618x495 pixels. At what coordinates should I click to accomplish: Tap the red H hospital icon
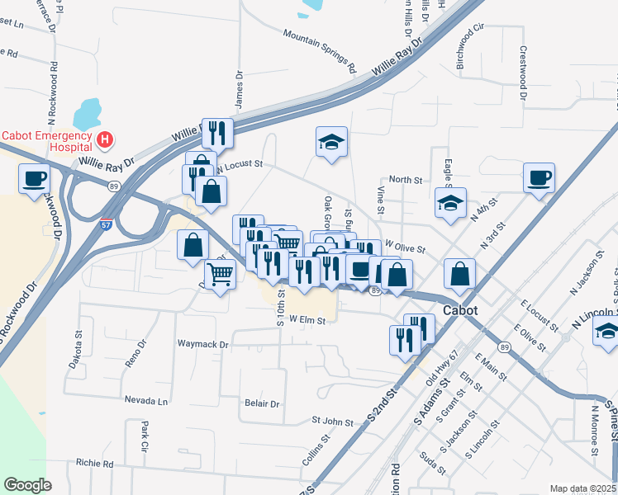coord(105,139)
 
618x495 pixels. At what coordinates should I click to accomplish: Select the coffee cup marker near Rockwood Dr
coord(34,178)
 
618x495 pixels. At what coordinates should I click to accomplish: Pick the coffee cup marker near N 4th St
coord(538,178)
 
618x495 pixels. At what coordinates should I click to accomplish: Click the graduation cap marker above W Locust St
coord(331,142)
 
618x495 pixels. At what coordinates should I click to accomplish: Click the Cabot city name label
coord(461,311)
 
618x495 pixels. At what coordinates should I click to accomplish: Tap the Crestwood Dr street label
coord(523,73)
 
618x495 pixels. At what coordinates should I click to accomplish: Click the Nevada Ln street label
coord(146,401)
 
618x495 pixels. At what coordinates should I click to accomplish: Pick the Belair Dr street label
coord(263,404)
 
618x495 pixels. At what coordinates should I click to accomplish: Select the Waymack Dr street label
coord(202,342)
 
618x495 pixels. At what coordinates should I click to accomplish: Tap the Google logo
coord(27,485)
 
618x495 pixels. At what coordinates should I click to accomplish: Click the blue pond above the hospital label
coord(88,111)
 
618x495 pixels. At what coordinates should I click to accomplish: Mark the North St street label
coord(405,180)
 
